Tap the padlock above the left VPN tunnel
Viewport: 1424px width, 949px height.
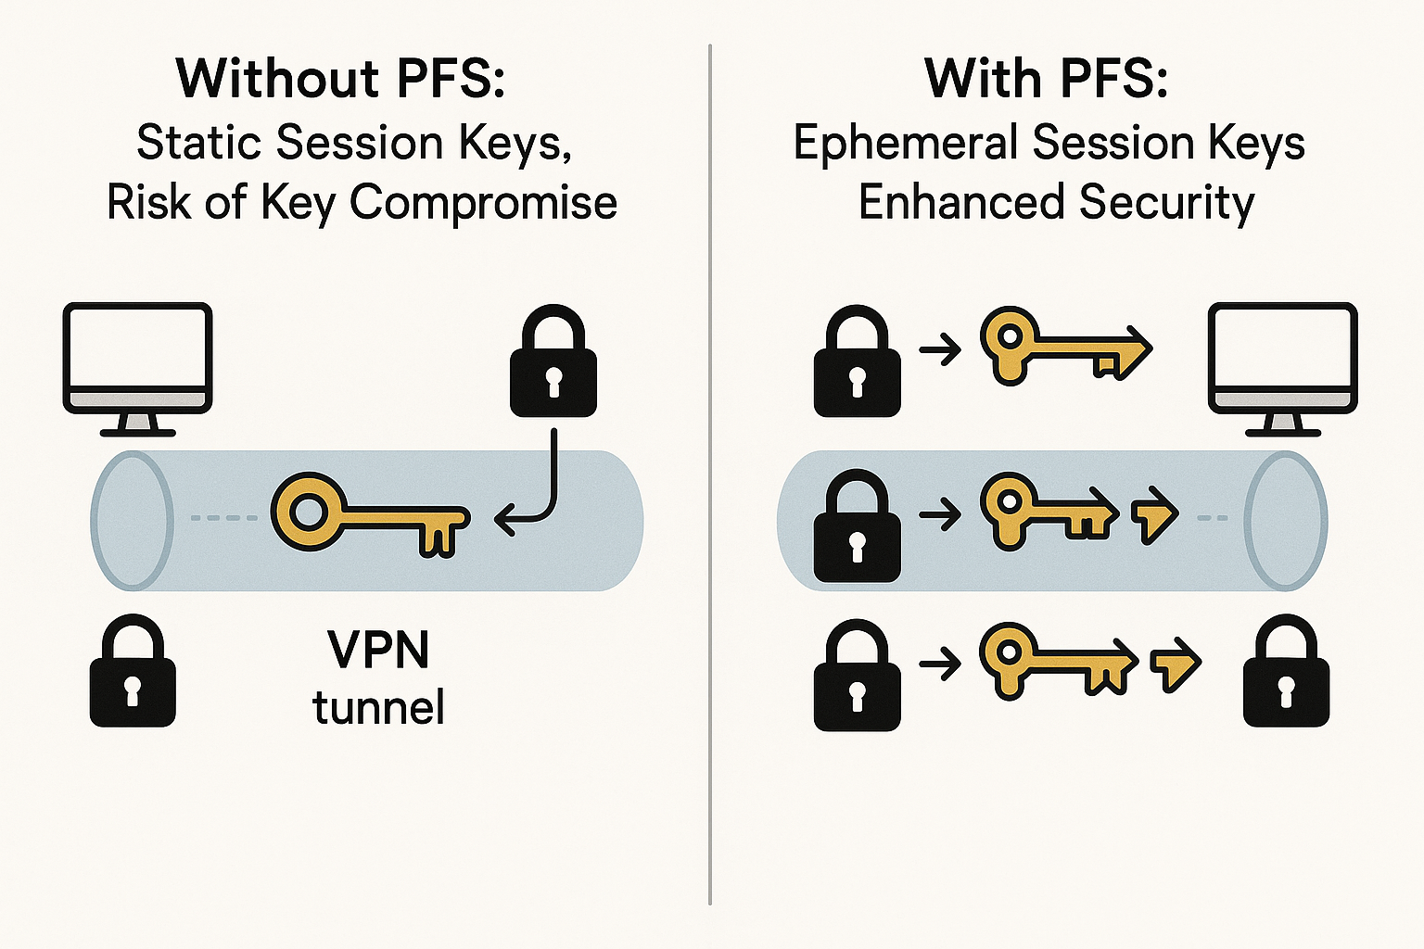553,363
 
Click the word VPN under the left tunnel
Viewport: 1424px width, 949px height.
378,650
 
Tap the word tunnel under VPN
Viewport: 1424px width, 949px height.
378,707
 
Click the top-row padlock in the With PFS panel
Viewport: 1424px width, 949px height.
857,363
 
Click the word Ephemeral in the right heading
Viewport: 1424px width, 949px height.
906,144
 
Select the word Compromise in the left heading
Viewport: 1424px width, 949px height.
483,203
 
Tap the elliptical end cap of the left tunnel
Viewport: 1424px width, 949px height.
132,520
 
